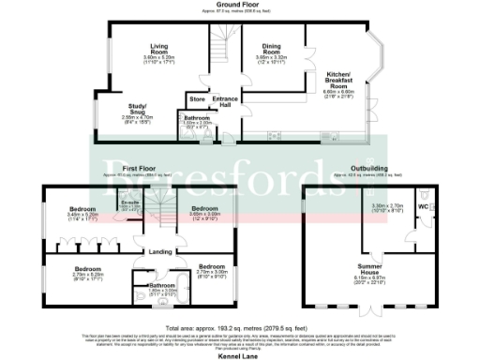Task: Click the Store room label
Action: pyautogui.click(x=197, y=98)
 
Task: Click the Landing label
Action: pyautogui.click(x=161, y=250)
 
